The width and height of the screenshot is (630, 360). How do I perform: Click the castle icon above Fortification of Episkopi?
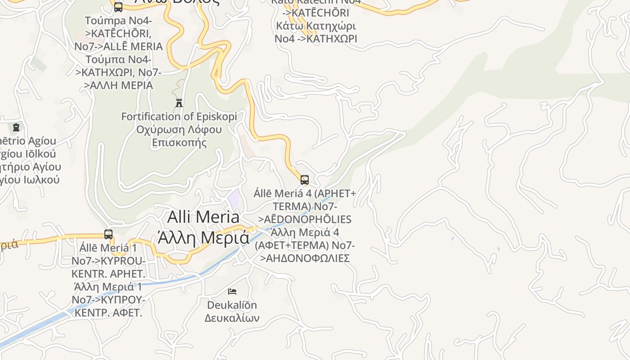(x=179, y=103)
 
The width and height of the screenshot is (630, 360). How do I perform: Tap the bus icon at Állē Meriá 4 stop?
(x=305, y=180)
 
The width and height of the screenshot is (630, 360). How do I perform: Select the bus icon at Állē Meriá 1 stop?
(x=108, y=234)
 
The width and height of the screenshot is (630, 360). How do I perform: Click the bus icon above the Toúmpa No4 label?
(x=118, y=7)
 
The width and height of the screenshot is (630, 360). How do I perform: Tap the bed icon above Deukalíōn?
(x=232, y=292)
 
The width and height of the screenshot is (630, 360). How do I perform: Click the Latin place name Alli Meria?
(x=203, y=217)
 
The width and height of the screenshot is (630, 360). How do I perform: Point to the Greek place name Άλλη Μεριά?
(x=203, y=237)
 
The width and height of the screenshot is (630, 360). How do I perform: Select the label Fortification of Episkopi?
(x=179, y=117)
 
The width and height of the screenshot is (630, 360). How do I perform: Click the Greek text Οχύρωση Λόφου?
(x=179, y=130)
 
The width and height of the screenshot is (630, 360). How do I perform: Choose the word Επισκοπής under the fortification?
(x=179, y=143)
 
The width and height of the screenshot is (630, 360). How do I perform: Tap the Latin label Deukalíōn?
(x=232, y=305)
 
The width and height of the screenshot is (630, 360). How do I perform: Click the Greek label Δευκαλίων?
(x=232, y=318)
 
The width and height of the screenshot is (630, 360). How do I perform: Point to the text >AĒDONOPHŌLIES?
(x=305, y=219)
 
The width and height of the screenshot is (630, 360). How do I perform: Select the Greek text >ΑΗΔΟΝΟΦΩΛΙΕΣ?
(x=305, y=258)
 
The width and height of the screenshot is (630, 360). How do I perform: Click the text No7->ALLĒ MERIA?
(x=119, y=46)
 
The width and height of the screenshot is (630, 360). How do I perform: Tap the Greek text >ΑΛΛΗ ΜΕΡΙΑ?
(x=119, y=85)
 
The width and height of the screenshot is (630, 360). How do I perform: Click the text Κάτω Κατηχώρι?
(x=316, y=25)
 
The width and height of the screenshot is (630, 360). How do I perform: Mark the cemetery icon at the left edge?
(x=16, y=127)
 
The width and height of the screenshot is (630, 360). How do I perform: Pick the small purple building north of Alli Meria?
(x=234, y=197)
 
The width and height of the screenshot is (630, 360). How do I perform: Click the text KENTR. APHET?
(x=108, y=274)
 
